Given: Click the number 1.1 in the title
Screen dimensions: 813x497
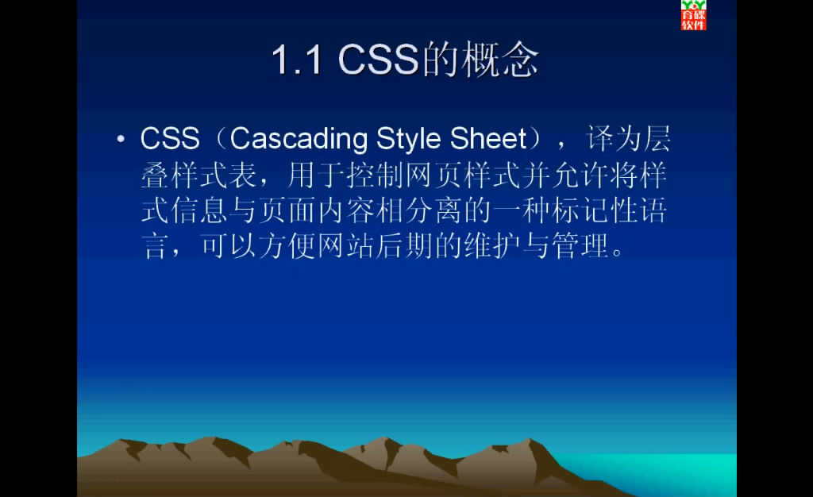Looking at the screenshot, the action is [297, 60].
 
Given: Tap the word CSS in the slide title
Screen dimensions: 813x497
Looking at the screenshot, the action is [378, 59].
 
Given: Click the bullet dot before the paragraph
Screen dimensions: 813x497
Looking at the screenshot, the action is [121, 139].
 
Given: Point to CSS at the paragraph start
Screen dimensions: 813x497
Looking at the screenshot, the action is [170, 139].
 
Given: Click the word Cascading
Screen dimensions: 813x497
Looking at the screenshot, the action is [299, 140].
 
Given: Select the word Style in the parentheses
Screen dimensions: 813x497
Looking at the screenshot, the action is [410, 140].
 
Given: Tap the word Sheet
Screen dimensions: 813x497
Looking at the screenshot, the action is [488, 138].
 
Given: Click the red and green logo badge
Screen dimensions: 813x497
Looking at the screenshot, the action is [693, 15].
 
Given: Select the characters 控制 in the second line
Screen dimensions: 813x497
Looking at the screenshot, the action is [376, 175].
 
